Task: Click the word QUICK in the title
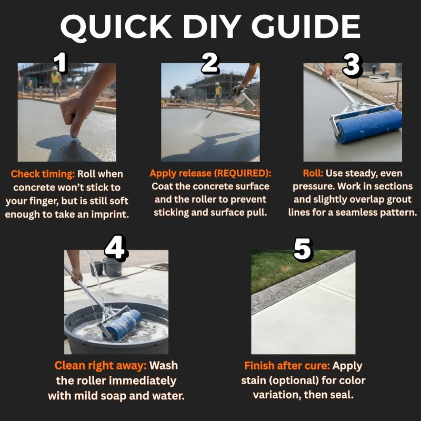point(116,27)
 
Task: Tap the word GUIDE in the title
point(306,26)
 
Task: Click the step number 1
point(61,62)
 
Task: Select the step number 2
point(210,63)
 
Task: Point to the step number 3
point(352,64)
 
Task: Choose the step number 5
point(303,249)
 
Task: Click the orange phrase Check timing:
point(43,174)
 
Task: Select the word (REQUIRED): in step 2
point(243,174)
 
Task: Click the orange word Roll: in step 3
point(313,173)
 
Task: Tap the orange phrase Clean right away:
point(101,366)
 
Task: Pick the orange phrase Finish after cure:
point(287,366)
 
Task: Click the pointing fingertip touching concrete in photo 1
point(74,134)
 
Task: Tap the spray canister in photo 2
point(244,101)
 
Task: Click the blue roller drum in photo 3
point(369,126)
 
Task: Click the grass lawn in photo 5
point(290,268)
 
